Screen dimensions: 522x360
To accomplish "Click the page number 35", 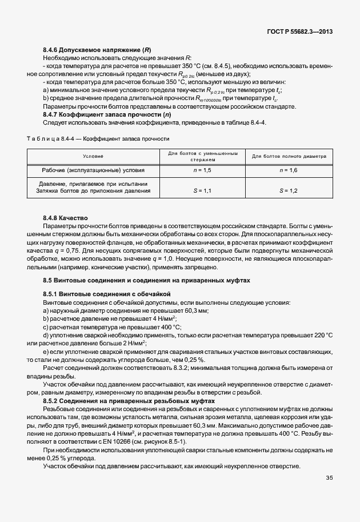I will pos(329,477).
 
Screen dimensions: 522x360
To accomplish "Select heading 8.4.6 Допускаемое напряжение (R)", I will pos(97,50).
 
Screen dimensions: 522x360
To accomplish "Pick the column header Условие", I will pos(93,156).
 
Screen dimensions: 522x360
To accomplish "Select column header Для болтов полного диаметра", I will pos(289,156).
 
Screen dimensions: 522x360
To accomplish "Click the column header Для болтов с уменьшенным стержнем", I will pos(203,156).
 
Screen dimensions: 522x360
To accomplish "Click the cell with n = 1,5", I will pos(203,170).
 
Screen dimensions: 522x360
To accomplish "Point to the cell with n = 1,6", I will pos(289,170).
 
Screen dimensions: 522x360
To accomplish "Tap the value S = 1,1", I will pos(203,190).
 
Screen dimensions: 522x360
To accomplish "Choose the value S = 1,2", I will pos(289,190).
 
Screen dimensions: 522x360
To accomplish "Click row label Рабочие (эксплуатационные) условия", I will pos(93,170).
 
